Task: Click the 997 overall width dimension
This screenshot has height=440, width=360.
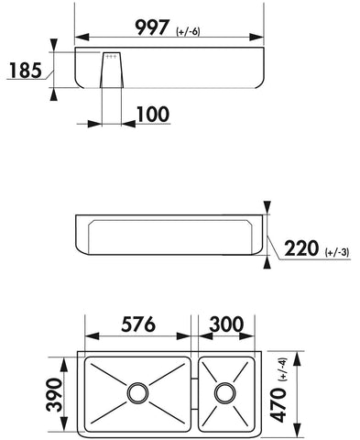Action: [x=152, y=27]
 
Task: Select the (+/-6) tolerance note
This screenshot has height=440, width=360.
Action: [x=188, y=31]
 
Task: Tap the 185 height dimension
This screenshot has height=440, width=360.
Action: [x=26, y=71]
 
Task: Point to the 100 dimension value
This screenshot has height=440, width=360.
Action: [x=153, y=115]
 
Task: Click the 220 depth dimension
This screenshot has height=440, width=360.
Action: [x=301, y=248]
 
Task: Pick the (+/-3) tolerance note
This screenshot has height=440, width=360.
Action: [x=337, y=253]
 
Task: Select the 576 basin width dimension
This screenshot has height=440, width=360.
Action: [x=138, y=324]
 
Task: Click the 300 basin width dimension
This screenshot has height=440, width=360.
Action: [x=226, y=324]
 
